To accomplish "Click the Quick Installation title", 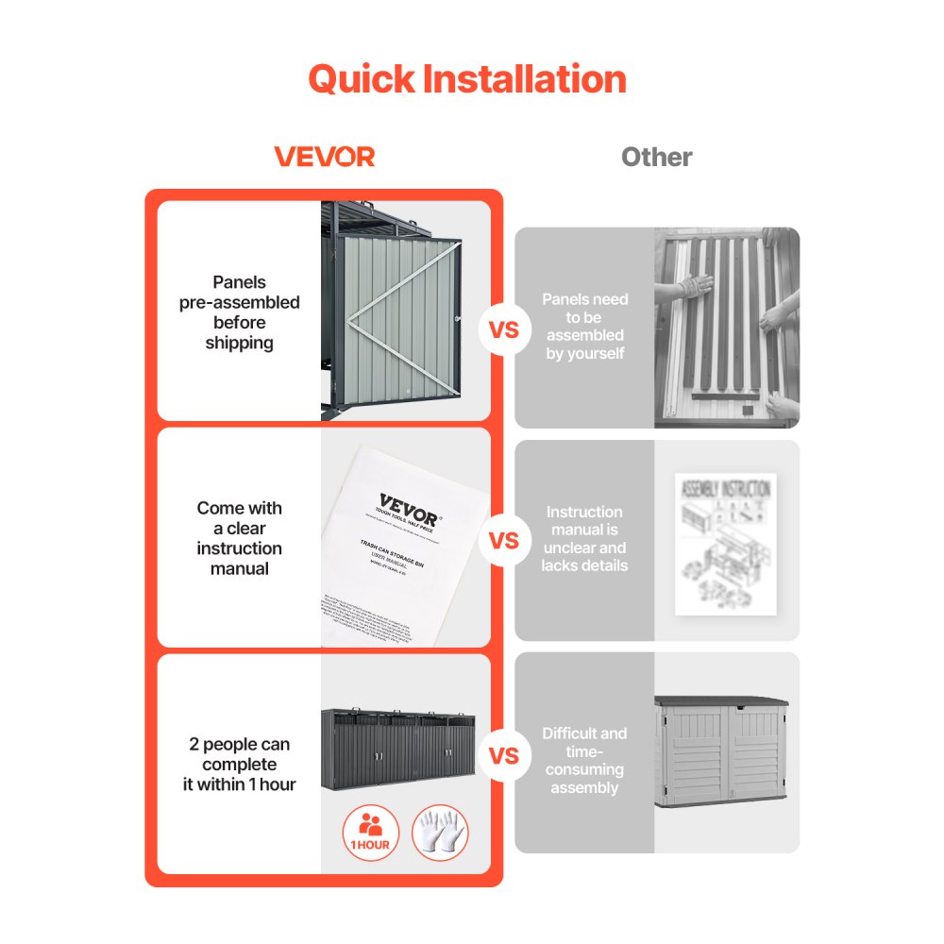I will (467, 79).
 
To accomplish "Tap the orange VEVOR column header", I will (324, 157).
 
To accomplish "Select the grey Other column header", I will (656, 158).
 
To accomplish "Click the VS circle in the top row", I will (505, 330).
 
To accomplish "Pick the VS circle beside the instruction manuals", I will (505, 541).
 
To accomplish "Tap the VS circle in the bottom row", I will (505, 755).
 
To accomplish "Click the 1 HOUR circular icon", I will (371, 832).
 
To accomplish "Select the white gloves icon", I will (440, 832).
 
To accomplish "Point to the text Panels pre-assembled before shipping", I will (240, 312).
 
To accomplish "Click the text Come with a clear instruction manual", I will (240, 538).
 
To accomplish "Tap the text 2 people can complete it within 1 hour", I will (240, 765).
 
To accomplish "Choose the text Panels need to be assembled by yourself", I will (584, 326).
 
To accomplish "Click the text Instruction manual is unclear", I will (584, 538).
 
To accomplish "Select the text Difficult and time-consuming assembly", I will (584, 760).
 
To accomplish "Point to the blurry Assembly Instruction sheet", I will (725, 543).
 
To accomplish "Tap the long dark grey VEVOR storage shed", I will (397, 750).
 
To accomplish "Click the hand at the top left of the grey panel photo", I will (695, 284).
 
